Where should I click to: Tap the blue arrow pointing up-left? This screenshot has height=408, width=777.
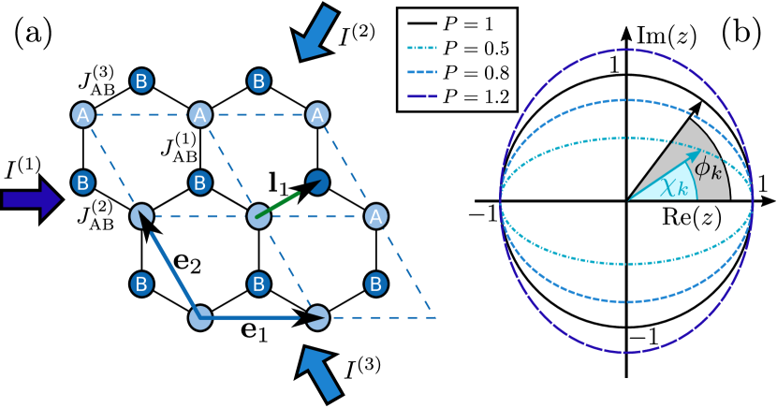pos(319,372)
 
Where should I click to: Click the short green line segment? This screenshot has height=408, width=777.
pos(277,205)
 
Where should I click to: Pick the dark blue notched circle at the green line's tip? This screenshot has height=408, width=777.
pos(318,182)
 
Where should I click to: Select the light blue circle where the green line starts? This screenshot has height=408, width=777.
pos(258,217)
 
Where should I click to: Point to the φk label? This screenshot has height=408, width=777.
pos(708,170)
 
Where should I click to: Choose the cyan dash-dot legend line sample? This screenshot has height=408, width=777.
pos(422,48)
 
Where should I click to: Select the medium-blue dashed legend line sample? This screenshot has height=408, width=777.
pos(422,72)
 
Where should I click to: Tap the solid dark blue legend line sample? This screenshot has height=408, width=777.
pos(422,96)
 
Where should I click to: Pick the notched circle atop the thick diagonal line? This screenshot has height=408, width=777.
pos(141,216)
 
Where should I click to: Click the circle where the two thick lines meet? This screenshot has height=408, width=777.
pos(200,318)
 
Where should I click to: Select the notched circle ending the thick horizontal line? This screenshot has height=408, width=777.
pos(317,318)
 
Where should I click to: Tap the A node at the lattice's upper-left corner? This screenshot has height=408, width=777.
pos(83,115)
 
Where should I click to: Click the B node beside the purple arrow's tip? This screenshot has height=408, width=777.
pos(83,182)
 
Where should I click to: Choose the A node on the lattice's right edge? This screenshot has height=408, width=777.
pos(375,216)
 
